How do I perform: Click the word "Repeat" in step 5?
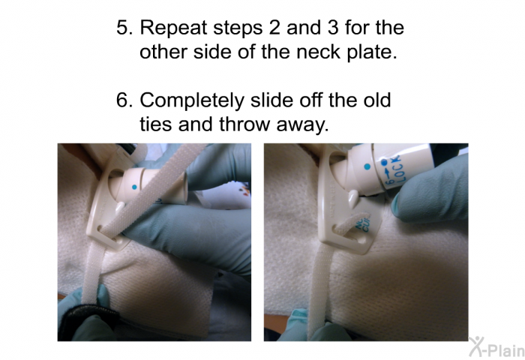(173, 28)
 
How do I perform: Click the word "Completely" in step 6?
(192, 100)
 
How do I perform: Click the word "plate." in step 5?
(372, 52)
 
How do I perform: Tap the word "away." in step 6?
(302, 125)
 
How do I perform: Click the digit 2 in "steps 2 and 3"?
(274, 27)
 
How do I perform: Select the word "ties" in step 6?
(156, 124)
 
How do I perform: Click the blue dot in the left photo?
(134, 187)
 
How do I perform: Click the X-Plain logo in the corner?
(496, 346)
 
